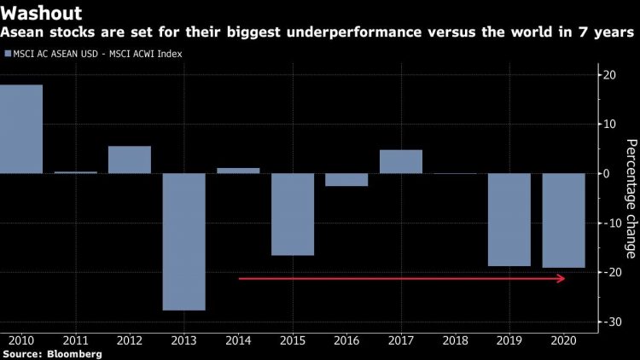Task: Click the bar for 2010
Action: point(21,129)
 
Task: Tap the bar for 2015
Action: point(293,214)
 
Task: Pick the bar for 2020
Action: point(564,220)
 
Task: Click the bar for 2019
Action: point(509,219)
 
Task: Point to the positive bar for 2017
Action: point(401,161)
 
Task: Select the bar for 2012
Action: point(130,160)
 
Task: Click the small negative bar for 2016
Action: point(346,179)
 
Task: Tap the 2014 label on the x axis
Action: point(238,340)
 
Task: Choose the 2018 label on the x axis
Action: point(455,340)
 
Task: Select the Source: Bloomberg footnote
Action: point(51,353)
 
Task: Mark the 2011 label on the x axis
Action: point(75,340)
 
